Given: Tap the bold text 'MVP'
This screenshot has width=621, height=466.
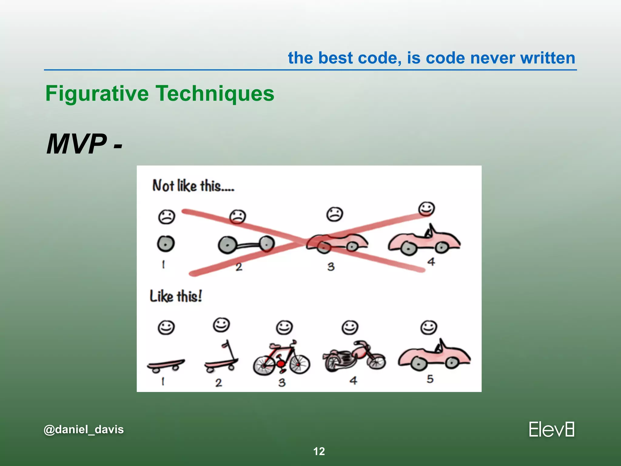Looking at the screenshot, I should click(x=76, y=144).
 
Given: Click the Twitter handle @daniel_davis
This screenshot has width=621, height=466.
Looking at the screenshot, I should click(x=84, y=429).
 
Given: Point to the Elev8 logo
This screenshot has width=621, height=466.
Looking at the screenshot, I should click(x=552, y=429).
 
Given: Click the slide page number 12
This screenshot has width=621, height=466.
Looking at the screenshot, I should click(x=319, y=451).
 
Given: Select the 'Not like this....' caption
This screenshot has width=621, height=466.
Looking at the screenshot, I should click(x=193, y=186).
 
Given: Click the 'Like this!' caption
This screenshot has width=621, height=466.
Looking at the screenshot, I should click(x=176, y=296).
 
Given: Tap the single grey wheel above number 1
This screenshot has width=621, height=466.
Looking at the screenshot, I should click(x=166, y=244).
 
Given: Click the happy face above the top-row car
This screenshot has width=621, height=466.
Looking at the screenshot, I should click(x=426, y=209).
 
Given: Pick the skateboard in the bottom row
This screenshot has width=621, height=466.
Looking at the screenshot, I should click(x=166, y=365).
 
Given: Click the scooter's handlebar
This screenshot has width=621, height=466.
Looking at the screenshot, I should click(x=226, y=344).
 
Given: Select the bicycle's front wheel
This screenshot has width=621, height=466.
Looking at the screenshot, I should click(x=299, y=364).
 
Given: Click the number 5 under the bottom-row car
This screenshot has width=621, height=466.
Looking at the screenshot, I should click(x=430, y=379).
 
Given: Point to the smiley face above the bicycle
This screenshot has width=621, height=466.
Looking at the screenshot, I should click(x=284, y=328).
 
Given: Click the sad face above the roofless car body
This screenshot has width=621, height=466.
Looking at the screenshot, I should click(x=334, y=214).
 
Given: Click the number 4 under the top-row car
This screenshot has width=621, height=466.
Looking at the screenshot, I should click(x=431, y=262).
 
